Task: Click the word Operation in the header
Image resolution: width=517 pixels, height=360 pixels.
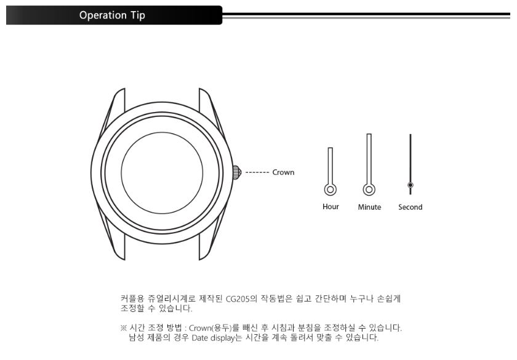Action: (103, 15)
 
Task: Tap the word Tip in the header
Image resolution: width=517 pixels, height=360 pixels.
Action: (138, 15)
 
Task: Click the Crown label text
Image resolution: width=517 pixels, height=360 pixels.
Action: (283, 172)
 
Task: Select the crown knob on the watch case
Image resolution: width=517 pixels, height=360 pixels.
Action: (237, 172)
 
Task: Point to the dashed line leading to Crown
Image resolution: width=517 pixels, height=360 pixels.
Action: (257, 172)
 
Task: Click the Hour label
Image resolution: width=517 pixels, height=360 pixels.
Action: (331, 207)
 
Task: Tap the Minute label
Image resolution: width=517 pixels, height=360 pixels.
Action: (369, 207)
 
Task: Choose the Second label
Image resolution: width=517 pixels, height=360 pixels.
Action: (410, 207)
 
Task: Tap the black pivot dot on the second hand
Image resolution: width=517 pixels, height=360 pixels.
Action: (410, 185)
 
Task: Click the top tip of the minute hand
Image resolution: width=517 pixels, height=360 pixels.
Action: (369, 134)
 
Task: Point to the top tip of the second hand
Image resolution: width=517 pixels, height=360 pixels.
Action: (410, 134)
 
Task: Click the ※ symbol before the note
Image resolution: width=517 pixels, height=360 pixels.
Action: (123, 327)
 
